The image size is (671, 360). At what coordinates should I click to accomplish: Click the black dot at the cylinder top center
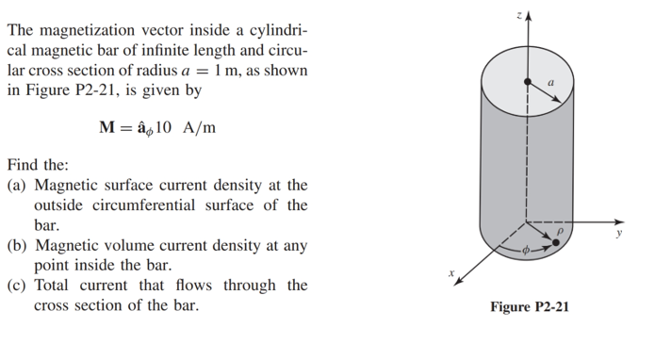(x=528, y=79)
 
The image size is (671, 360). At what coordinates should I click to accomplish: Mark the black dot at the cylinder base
(x=558, y=242)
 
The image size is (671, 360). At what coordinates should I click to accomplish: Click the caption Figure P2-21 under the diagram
(x=530, y=307)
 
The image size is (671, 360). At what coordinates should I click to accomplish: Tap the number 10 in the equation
(x=159, y=128)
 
